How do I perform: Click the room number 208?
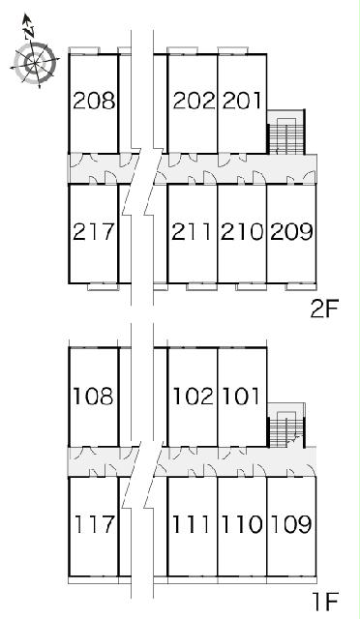click(x=94, y=101)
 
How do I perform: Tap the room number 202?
click(x=194, y=101)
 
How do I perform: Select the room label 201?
click(x=241, y=101)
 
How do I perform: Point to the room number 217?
click(x=94, y=232)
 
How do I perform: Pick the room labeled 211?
click(x=192, y=232)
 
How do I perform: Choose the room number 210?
click(x=242, y=232)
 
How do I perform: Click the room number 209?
click(x=291, y=232)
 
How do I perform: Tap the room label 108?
click(x=94, y=396)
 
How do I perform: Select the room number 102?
click(x=194, y=396)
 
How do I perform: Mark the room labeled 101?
click(x=241, y=396)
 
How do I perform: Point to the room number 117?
click(x=94, y=524)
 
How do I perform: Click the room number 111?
click(x=191, y=524)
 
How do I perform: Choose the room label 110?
click(x=241, y=524)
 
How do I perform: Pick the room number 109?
click(x=291, y=524)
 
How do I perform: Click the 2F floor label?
click(x=325, y=309)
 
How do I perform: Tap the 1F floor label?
click(x=326, y=602)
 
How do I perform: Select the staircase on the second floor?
click(x=285, y=133)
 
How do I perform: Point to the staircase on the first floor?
click(x=285, y=426)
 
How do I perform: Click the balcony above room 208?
click(x=84, y=50)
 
